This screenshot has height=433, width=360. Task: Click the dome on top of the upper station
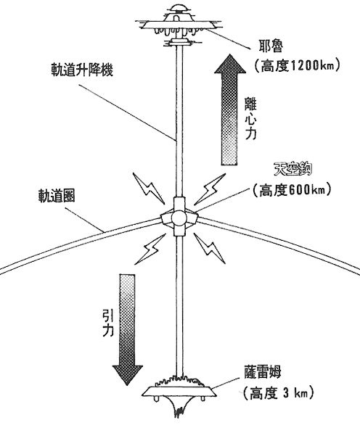[176, 10]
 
